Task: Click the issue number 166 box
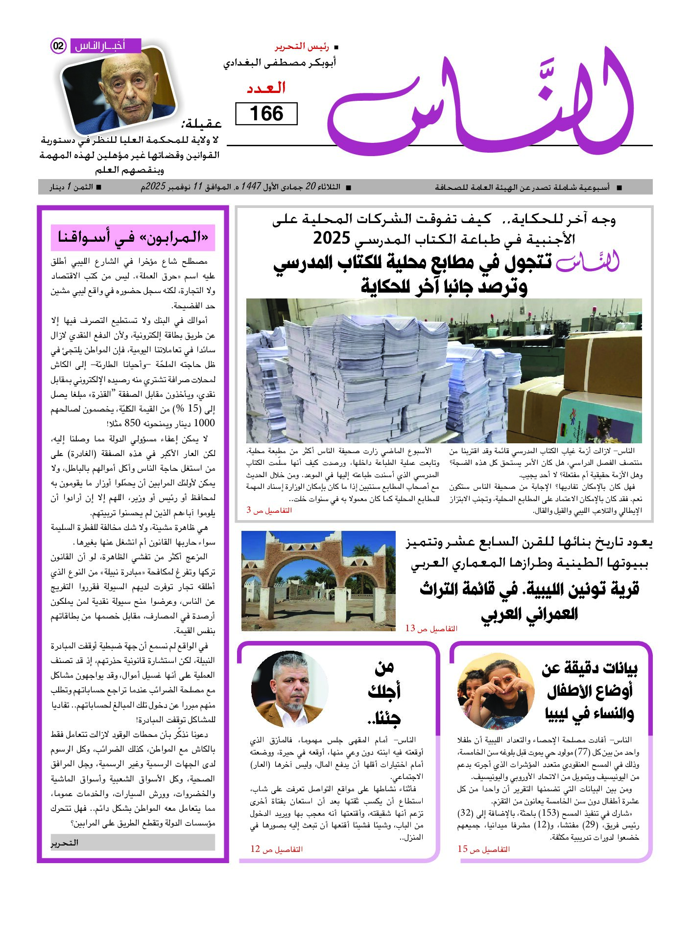[266, 114]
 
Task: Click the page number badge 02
[58, 46]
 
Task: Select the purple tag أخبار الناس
[105, 46]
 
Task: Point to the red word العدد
[266, 89]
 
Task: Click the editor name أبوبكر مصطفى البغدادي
[280, 63]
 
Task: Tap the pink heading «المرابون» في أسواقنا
[133, 237]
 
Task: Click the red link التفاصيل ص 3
[269, 510]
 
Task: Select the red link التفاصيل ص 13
[431, 628]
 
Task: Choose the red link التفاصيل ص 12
[276, 849]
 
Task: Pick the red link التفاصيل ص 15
[483, 849]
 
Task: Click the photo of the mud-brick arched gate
[318, 581]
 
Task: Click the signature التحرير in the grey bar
[65, 842]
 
